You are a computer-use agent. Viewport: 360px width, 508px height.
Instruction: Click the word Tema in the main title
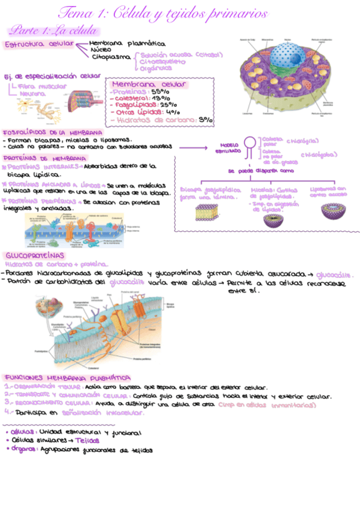[x=73, y=13]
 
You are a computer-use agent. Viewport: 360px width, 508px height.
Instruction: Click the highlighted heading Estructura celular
[x=38, y=44]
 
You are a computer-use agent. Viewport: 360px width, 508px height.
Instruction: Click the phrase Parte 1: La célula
[x=52, y=30]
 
